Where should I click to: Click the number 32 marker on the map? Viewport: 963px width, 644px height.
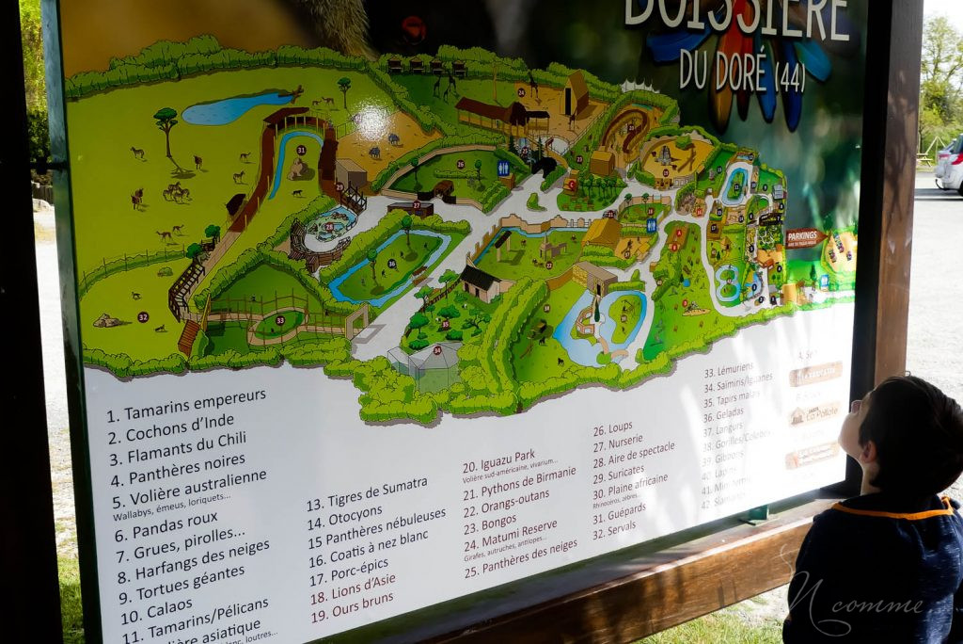143,317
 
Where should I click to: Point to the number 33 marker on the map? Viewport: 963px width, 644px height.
279,320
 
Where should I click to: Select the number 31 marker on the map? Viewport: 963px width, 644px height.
301,150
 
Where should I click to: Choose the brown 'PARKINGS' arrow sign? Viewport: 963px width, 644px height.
805,238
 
